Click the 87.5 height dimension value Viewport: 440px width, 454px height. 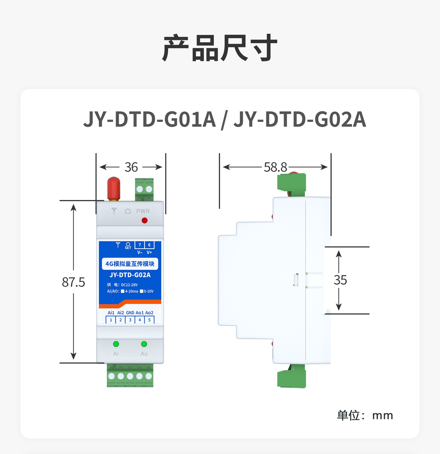73,282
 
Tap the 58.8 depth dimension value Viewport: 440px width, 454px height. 275,167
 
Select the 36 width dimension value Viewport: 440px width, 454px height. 131,167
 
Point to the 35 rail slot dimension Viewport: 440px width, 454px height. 340,280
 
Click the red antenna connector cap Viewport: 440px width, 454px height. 114,188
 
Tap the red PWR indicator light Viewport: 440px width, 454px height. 145,220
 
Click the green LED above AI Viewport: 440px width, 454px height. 116,344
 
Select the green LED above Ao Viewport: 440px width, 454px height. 144,344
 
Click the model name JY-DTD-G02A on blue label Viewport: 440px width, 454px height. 130,275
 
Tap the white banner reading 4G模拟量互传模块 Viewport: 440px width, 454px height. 130,264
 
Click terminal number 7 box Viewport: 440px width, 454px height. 140,245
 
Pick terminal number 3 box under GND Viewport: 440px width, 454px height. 130,320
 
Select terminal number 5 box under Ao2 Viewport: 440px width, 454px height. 149,320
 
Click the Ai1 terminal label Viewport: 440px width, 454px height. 111,313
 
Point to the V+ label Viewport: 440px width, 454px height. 149,253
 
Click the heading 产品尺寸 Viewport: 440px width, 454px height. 220,48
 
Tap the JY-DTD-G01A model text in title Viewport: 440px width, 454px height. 150,120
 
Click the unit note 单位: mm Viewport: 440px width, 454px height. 365,415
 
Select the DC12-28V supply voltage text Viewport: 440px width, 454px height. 129,285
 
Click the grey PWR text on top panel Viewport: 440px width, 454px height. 143,211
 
